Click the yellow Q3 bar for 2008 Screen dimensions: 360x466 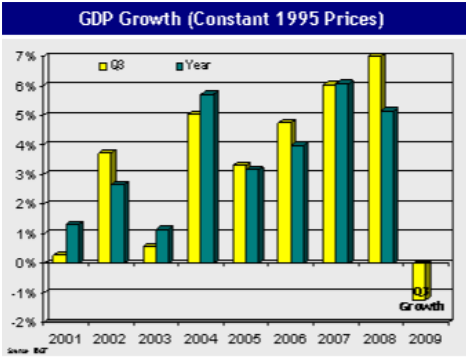point(375,159)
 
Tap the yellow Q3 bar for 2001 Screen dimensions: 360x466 point(59,258)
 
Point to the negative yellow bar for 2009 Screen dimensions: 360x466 point(419,280)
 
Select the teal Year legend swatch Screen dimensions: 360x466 point(179,66)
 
